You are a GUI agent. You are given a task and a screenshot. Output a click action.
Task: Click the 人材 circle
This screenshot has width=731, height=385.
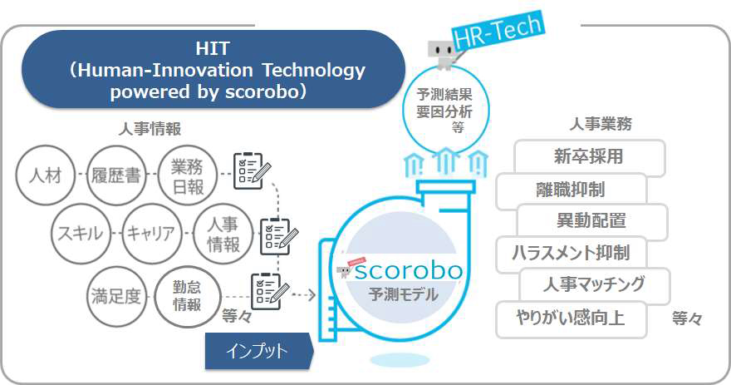(x=45, y=175)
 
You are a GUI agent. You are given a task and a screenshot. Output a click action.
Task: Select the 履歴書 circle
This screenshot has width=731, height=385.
(x=116, y=175)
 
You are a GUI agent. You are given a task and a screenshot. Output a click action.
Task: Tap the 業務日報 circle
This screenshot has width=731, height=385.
(x=188, y=175)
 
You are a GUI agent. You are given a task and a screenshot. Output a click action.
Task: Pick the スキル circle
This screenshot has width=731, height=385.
(x=81, y=234)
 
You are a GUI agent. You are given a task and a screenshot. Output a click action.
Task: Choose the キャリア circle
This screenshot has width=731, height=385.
(x=151, y=234)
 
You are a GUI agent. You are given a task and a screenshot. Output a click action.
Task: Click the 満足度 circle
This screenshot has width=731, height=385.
(x=116, y=296)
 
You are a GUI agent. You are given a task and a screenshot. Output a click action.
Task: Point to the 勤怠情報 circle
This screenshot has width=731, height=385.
(x=186, y=296)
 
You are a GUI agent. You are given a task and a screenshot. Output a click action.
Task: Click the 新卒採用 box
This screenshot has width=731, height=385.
(x=589, y=157)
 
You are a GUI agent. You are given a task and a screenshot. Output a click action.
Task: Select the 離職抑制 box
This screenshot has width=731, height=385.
(x=571, y=190)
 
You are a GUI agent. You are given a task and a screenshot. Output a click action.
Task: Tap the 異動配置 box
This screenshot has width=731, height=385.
(x=592, y=221)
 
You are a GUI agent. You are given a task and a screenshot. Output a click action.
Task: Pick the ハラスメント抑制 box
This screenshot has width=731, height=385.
(x=571, y=254)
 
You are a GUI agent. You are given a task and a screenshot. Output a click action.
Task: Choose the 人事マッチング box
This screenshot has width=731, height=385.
(x=594, y=285)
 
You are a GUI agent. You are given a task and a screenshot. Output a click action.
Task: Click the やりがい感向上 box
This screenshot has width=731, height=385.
(x=572, y=319)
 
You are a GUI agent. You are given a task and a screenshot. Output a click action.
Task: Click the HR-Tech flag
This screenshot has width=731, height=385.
(x=498, y=30)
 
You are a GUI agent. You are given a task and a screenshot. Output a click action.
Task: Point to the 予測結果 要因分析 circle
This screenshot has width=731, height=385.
(x=445, y=111)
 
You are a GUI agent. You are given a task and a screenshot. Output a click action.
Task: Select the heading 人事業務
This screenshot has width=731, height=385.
(x=601, y=124)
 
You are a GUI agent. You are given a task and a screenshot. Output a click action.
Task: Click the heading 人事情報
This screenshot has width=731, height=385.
(x=150, y=129)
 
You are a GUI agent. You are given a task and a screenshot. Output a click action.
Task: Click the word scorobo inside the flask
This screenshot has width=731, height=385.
(x=409, y=271)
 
